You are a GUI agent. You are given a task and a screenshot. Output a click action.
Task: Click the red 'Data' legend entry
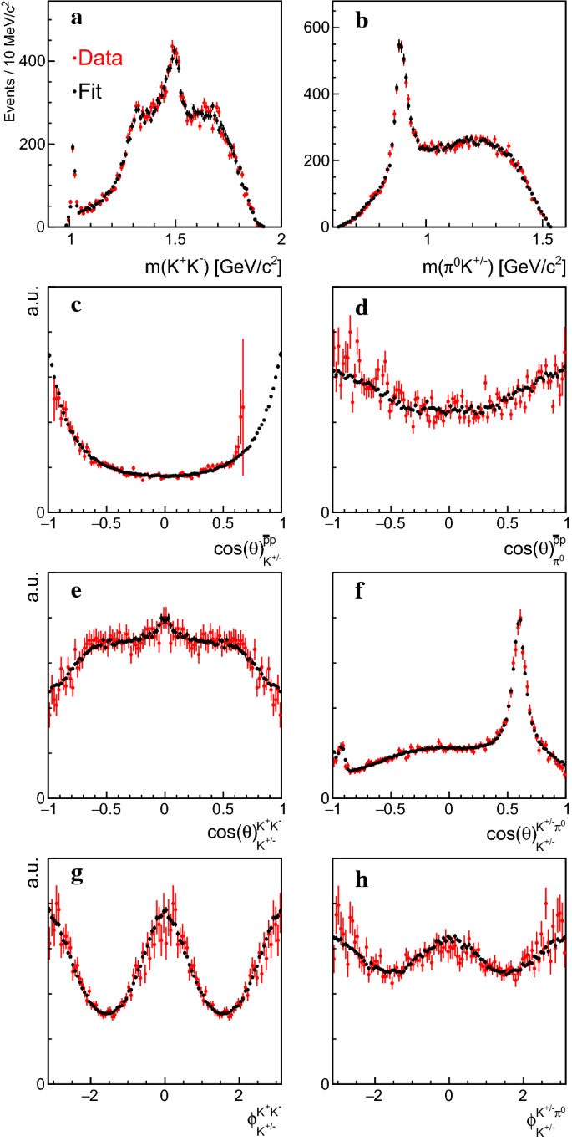(99, 59)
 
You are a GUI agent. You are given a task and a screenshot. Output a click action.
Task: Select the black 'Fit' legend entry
(89, 92)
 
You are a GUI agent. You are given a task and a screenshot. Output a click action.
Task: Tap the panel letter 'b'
(362, 20)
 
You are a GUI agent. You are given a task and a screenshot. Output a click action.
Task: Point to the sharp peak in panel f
(519, 620)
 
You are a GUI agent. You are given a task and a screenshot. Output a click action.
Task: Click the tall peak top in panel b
(400, 45)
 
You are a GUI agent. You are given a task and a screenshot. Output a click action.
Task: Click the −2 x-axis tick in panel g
(91, 1096)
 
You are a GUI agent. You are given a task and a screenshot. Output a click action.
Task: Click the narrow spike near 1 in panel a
(72, 148)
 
